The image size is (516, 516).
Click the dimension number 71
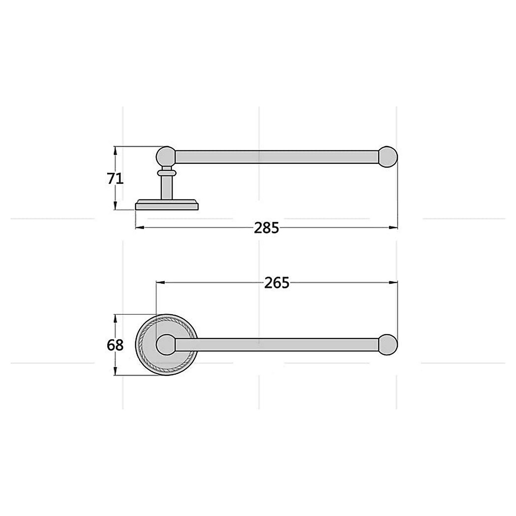coord(115,178)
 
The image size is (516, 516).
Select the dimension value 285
coord(266,227)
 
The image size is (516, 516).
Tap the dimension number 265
coord(276,283)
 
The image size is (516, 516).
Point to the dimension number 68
coord(115,345)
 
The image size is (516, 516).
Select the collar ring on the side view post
coord(166,172)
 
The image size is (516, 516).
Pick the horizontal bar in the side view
coord(275,157)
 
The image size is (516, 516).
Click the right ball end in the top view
coord(389,344)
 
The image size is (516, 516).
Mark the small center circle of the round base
coord(166,344)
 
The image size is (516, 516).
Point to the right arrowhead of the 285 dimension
coord(393,227)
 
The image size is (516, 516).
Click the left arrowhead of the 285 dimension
coord(139,227)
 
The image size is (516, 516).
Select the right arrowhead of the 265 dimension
coord(393,283)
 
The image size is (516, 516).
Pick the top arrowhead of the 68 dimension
coord(115,318)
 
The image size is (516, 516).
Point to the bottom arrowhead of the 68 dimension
coord(115,372)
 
